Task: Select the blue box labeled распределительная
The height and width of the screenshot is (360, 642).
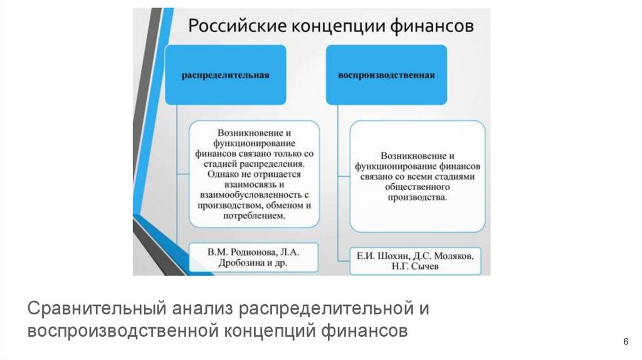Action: (226, 75)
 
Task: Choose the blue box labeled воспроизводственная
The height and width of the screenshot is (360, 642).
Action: (387, 75)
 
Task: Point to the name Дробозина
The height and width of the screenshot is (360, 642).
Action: (231, 264)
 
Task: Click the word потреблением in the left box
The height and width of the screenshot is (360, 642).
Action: (254, 215)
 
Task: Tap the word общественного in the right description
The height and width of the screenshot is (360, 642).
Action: (417, 187)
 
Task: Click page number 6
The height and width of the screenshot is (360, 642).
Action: (625, 341)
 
